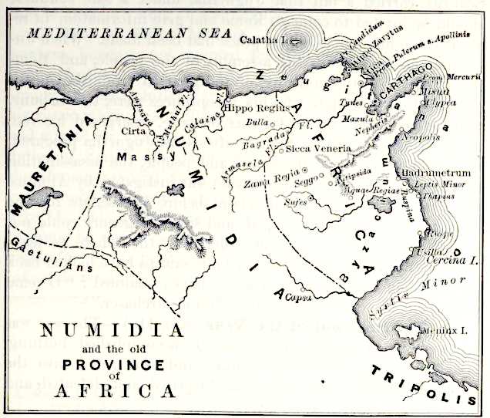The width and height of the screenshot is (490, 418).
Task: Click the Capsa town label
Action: (297, 297)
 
